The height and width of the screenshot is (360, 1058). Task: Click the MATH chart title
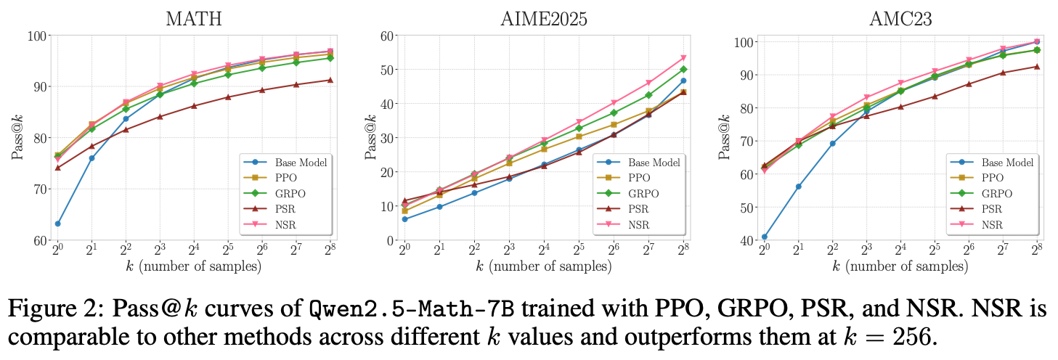point(194,19)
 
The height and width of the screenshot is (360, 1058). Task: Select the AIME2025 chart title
point(544,19)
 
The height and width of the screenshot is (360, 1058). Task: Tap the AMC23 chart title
point(900,19)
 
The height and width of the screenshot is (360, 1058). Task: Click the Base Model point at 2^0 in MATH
point(57,224)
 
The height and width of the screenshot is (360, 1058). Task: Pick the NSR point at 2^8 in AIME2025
point(683,58)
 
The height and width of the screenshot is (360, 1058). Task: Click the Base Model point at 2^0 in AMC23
point(764,237)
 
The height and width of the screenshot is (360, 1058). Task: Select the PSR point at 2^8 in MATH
point(330,80)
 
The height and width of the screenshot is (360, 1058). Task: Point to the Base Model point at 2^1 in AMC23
point(798,187)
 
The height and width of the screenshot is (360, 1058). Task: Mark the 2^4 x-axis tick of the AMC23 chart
point(900,249)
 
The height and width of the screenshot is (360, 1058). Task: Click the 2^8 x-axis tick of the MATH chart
point(330,249)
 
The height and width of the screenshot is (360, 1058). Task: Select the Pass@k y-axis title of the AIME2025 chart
point(371,137)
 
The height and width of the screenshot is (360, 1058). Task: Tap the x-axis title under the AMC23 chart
point(900,266)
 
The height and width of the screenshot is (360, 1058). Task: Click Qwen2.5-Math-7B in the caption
point(412,309)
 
